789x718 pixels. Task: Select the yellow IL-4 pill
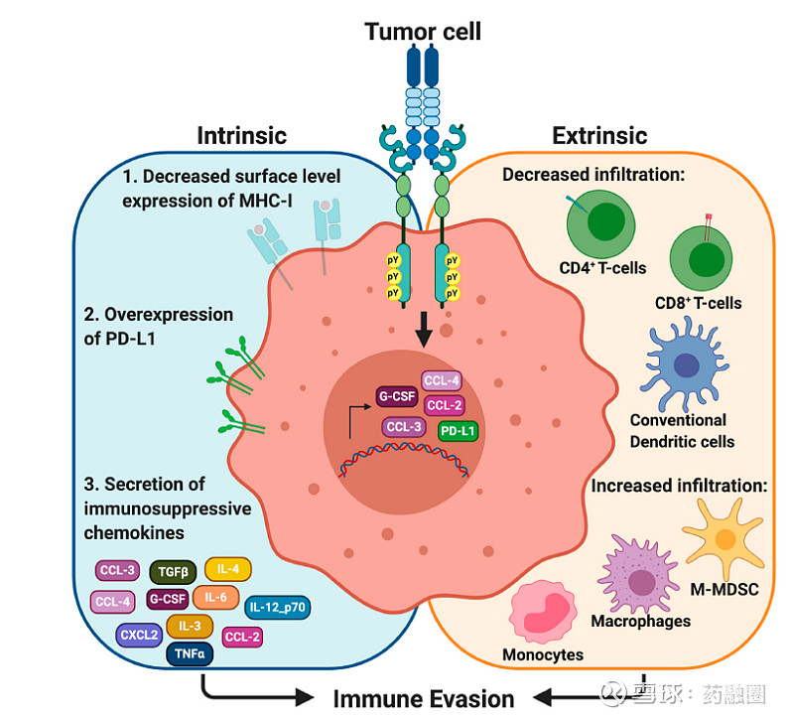pos(227,569)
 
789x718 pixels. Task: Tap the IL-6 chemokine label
pos(215,597)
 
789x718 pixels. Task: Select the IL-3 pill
pos(190,626)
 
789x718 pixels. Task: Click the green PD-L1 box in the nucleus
pos(457,432)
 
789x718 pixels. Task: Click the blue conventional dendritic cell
pos(687,363)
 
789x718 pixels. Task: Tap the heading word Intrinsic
pos(241,136)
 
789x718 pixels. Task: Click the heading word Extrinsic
pos(599,136)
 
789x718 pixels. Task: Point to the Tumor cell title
pos(423,32)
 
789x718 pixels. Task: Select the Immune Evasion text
pos(424,698)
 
